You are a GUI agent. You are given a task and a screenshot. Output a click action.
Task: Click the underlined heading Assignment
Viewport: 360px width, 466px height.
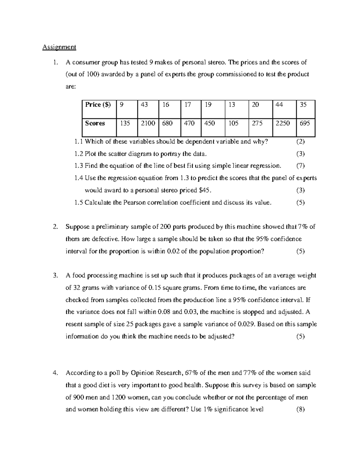pos(59,47)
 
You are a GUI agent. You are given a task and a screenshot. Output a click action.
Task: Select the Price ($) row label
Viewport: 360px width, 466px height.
pos(98,105)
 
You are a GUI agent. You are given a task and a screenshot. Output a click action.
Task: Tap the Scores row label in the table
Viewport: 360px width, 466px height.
pos(95,123)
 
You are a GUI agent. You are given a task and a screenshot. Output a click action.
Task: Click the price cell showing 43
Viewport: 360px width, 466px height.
pos(144,105)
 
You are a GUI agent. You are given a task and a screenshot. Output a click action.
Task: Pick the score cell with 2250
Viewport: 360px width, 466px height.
pos(283,123)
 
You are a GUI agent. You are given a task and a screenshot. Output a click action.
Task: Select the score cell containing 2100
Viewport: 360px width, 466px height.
pos(148,123)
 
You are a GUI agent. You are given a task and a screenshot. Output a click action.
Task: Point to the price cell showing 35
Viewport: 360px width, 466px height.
pos(303,105)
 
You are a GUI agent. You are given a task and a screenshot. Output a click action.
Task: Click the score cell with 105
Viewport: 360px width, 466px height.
pos(233,123)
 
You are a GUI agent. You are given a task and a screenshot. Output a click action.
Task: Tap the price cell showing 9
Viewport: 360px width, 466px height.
pos(121,105)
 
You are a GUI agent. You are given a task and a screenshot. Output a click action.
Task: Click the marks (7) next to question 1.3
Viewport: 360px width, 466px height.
pos(300,166)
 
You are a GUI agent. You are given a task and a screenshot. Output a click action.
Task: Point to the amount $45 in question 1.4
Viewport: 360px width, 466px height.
pos(205,190)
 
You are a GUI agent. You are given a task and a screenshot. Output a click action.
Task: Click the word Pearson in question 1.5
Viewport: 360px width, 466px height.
pos(133,203)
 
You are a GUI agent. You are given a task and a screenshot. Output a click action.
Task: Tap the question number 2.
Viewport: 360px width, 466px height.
pos(55,227)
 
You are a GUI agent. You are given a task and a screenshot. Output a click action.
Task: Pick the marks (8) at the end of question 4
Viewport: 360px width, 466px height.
pos(300,409)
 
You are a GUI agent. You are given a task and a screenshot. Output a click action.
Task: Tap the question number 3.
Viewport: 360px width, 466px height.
pos(55,275)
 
